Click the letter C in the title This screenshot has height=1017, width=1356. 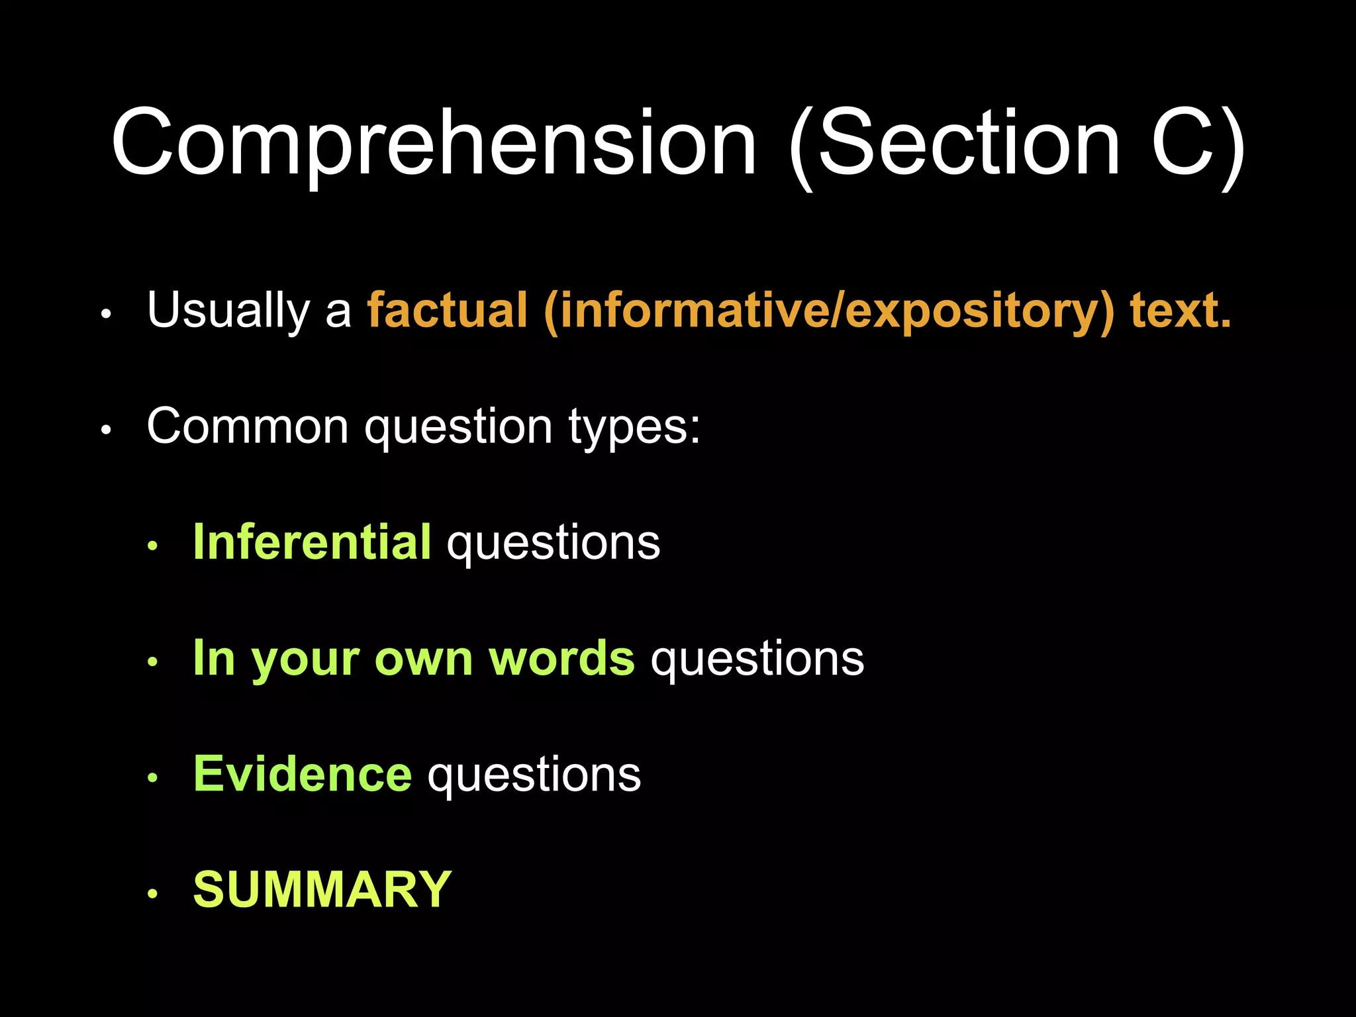[x=1183, y=143]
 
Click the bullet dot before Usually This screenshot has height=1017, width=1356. [x=107, y=315]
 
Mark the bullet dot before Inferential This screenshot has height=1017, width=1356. [x=153, y=546]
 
